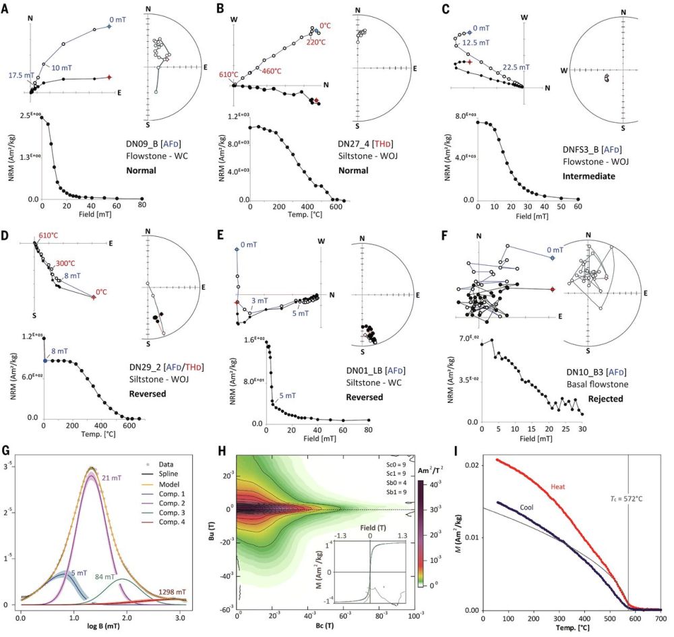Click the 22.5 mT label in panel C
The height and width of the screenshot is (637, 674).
(x=517, y=67)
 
